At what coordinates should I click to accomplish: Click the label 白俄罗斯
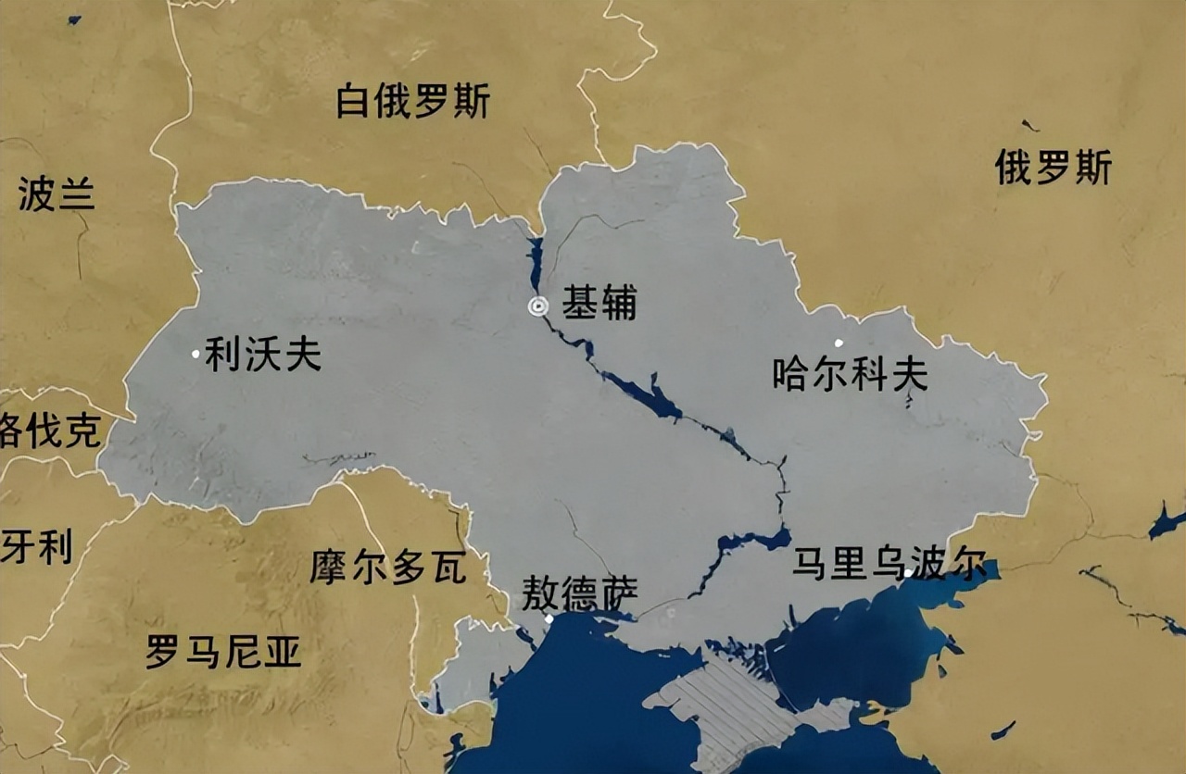click(412, 101)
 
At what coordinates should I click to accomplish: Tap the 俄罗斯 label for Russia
click(1053, 168)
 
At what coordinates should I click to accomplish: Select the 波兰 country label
click(57, 194)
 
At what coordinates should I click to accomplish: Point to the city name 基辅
click(599, 304)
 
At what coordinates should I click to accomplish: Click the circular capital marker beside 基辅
click(537, 306)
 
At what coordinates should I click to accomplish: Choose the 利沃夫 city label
click(263, 354)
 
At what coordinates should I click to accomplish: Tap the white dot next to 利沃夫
click(196, 353)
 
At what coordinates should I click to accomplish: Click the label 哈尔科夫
click(850, 373)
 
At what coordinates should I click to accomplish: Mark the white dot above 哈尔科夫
click(839, 343)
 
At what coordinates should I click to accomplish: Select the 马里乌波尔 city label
click(889, 564)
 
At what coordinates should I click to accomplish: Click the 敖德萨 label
click(579, 593)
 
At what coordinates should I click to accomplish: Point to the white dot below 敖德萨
click(549, 618)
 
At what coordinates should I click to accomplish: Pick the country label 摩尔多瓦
click(387, 568)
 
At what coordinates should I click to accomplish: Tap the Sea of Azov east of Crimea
click(862, 648)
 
